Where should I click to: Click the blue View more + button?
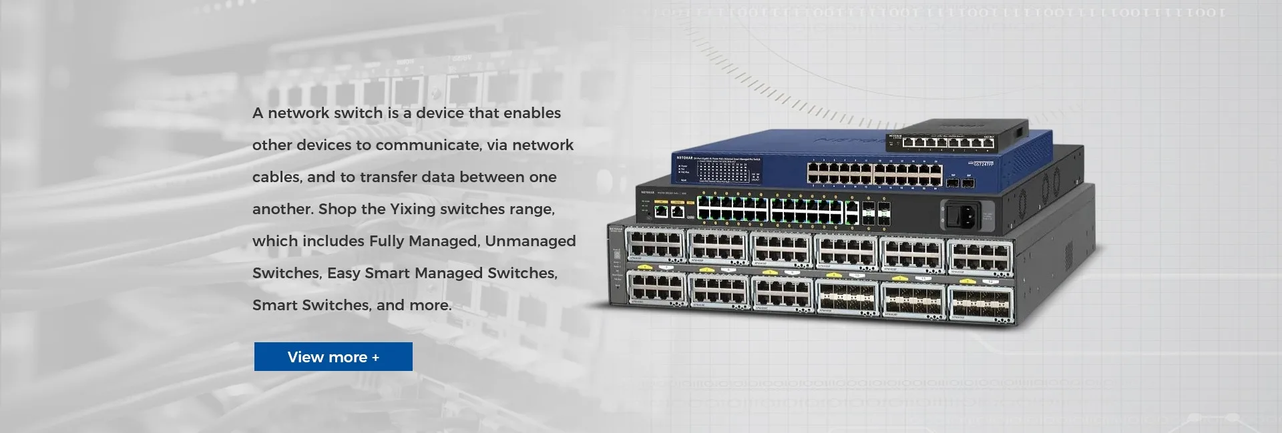pos(333,357)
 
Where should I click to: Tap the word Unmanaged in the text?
pos(530,241)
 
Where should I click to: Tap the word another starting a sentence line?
pos(282,209)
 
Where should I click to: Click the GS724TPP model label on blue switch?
pos(984,164)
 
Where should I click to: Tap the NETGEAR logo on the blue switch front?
pos(685,158)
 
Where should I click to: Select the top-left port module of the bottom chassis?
pos(656,246)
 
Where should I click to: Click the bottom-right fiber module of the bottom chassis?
pos(980,301)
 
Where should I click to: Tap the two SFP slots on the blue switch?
pos(960,181)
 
